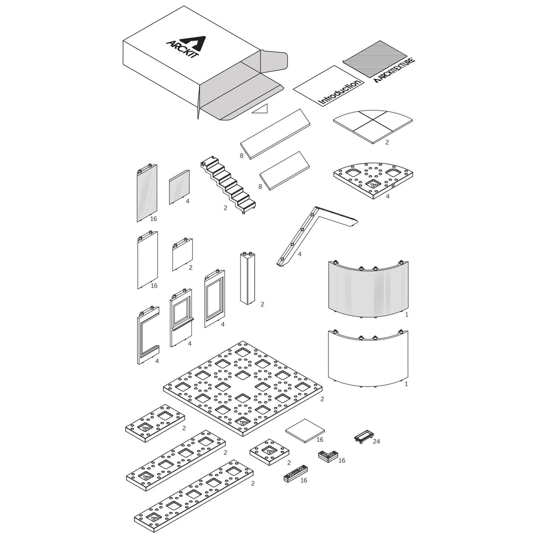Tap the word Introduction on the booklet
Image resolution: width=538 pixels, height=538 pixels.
(x=340, y=92)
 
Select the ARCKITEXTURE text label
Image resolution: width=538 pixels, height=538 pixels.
(x=395, y=70)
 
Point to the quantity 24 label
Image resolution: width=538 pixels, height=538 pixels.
(x=377, y=441)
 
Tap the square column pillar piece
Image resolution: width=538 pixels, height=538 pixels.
(x=248, y=278)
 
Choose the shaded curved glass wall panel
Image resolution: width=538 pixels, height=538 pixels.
(x=369, y=290)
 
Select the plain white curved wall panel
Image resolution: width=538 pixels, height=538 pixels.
(x=369, y=359)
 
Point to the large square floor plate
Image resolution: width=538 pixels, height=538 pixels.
(x=243, y=388)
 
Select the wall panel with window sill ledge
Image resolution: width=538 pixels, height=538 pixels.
(x=181, y=317)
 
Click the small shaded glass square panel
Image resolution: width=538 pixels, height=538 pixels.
(x=179, y=187)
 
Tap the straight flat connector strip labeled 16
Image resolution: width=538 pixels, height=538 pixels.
(x=295, y=474)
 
